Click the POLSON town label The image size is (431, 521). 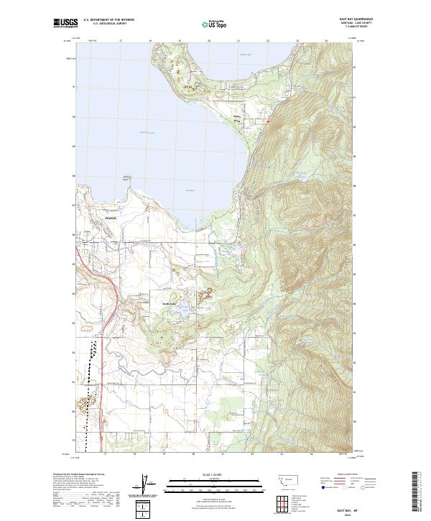click(x=109, y=215)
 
